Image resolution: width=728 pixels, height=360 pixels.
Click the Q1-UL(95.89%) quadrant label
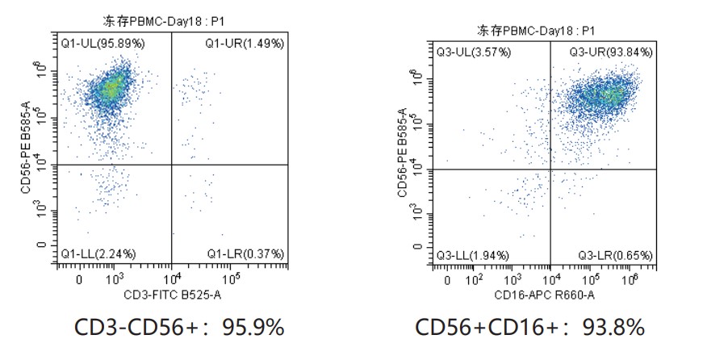(103, 43)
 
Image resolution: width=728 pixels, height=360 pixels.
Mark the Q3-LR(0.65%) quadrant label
(615, 256)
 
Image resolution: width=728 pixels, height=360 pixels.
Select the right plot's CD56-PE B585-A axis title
(402, 153)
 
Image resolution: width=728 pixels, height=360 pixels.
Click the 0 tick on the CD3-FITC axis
(79, 280)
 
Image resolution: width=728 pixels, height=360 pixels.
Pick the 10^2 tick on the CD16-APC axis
(476, 281)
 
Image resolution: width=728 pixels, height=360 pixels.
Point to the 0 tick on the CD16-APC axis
(449, 281)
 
